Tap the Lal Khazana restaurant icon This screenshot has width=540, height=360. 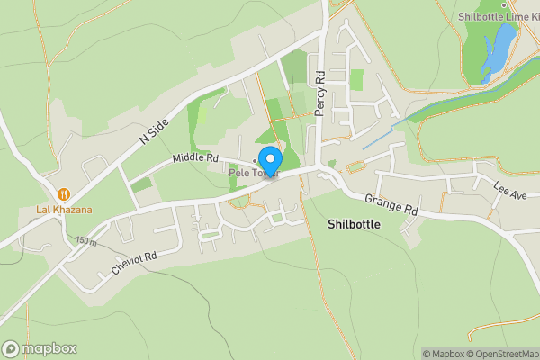[x=64, y=193]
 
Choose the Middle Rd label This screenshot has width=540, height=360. [x=195, y=158]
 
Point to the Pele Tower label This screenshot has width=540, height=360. [x=255, y=172]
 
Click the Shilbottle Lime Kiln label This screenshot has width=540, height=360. [x=497, y=16]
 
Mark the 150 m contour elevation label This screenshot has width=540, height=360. [x=86, y=241]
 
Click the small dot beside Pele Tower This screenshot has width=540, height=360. [x=256, y=161]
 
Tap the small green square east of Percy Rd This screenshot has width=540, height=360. [x=356, y=79]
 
